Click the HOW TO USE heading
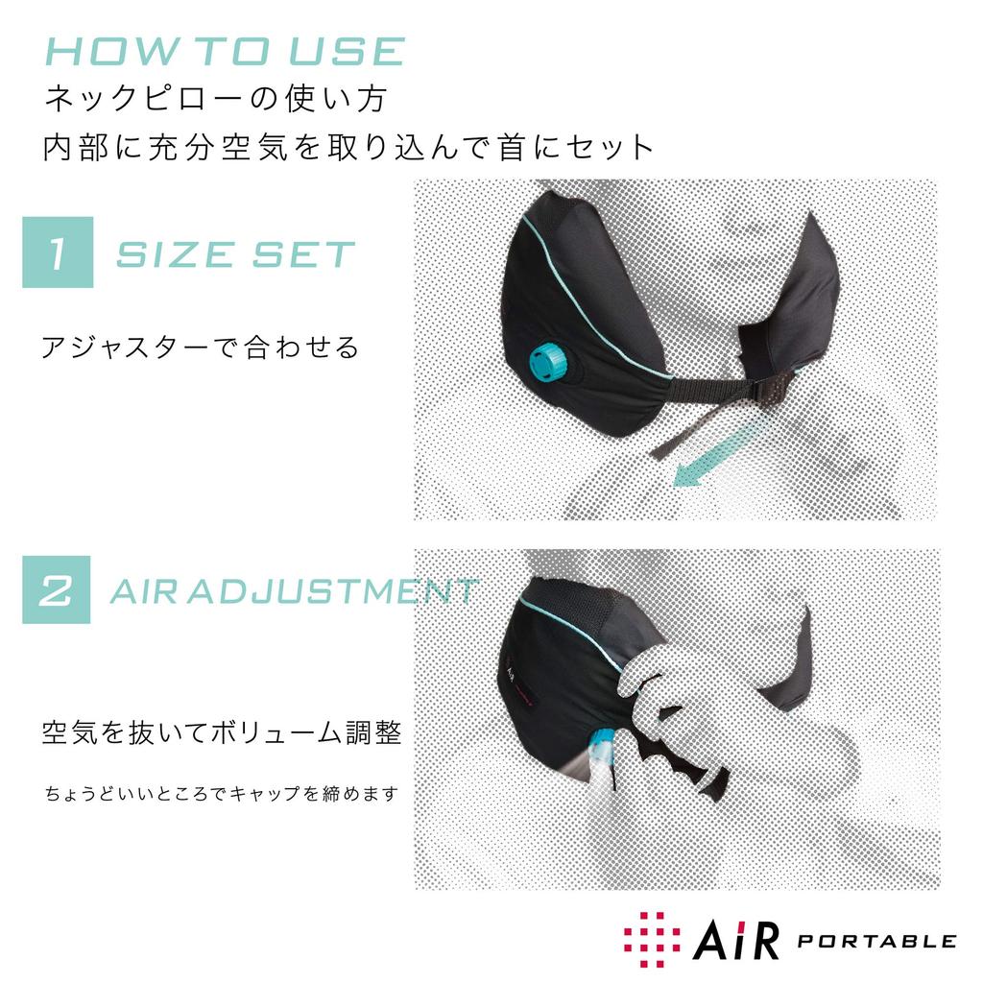tap(226, 53)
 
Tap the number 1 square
tap(58, 252)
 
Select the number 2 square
tap(57, 589)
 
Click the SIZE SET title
tap(235, 254)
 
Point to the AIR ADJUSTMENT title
tap(294, 590)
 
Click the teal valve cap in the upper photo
tap(550, 362)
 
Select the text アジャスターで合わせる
tap(200, 347)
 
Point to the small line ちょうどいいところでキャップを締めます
tap(221, 795)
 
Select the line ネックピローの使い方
tap(215, 98)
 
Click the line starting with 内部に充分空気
tap(348, 148)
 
